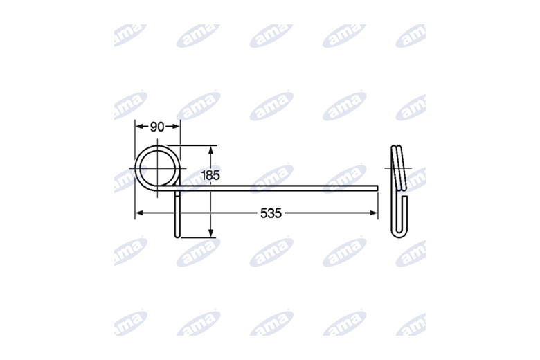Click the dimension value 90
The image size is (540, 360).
[x=157, y=127]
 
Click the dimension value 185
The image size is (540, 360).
[x=210, y=175]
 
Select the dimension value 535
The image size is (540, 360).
[x=271, y=214]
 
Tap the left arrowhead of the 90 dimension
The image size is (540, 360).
[x=139, y=127]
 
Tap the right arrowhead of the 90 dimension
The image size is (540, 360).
[x=176, y=127]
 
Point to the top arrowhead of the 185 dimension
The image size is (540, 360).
[x=211, y=150]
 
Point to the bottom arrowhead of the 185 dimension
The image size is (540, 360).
[x=211, y=233]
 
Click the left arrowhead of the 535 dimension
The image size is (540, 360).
[x=138, y=213]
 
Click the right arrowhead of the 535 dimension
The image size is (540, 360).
[x=374, y=213]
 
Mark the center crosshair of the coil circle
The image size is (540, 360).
[x=157, y=168]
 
